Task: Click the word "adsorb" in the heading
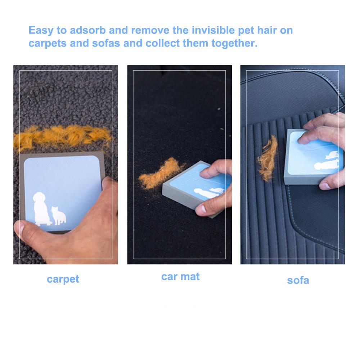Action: (88, 30)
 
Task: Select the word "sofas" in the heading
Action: (106, 43)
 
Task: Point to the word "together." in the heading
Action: (234, 43)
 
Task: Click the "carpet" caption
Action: (63, 279)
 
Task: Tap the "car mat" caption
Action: (180, 276)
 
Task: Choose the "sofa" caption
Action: (298, 280)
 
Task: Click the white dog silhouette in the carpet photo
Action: (42, 209)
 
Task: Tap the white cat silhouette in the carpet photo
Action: (59, 216)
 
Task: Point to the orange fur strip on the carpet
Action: (62, 137)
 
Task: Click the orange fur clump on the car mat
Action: (161, 174)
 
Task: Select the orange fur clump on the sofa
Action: (268, 158)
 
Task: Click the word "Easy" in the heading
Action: (41, 31)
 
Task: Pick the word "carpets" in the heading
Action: (48, 44)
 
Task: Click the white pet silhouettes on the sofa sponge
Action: (327, 161)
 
